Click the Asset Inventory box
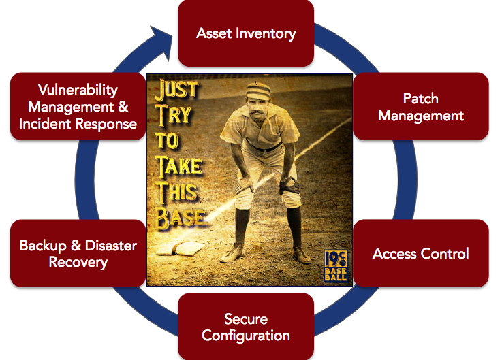(x=246, y=33)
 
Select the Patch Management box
(x=421, y=107)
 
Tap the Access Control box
(x=421, y=253)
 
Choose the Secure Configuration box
(x=246, y=327)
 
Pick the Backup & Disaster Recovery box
(x=78, y=253)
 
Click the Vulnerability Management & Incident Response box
(x=78, y=107)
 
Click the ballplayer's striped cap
(x=258, y=91)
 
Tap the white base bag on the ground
(x=181, y=248)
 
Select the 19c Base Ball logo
(x=335, y=265)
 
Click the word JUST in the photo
(x=177, y=89)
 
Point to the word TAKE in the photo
(x=179, y=167)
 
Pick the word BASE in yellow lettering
(x=181, y=218)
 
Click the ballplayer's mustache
(x=258, y=113)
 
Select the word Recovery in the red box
(x=78, y=262)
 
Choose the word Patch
(x=421, y=98)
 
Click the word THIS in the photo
(x=176, y=191)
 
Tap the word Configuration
(x=246, y=336)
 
